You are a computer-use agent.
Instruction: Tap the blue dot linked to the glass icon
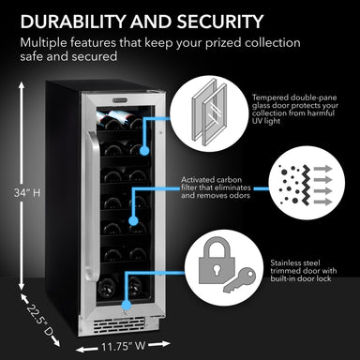point(144,148)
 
